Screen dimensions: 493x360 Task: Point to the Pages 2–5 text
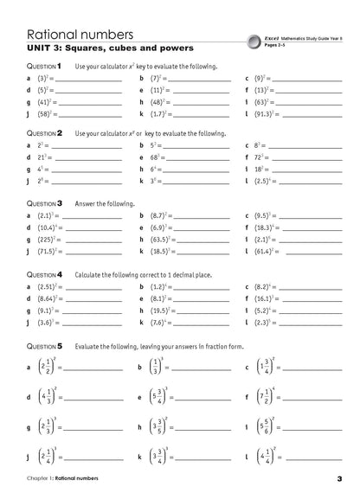pyautogui.click(x=276, y=45)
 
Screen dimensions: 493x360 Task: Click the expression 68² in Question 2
pyautogui.click(x=153, y=157)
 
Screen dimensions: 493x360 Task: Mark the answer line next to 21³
pyautogui.click(x=83, y=158)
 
